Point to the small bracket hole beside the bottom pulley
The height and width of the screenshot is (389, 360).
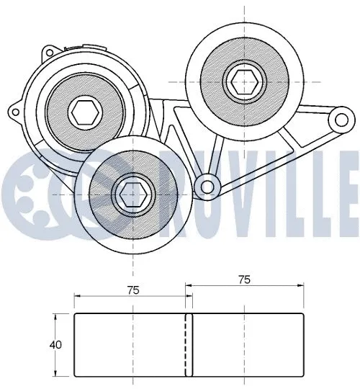[208, 187]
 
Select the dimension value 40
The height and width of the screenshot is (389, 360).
[56, 344]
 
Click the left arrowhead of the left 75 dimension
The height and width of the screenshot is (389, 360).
[78, 296]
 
